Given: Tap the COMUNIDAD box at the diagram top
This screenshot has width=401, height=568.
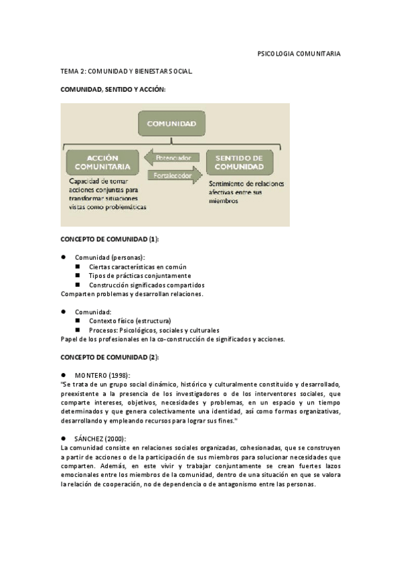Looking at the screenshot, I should point(172,124).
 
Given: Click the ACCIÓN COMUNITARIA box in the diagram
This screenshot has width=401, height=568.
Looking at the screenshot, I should point(103,162).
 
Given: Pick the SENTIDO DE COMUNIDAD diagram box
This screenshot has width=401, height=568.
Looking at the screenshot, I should point(239,162).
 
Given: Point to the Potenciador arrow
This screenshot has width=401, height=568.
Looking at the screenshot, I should point(173,158).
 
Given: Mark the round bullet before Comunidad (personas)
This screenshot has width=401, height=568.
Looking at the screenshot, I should point(63,257).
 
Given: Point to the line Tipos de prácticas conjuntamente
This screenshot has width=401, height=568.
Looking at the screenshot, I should point(140,275).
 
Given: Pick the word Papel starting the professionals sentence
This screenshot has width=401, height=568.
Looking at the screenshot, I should point(69,339).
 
